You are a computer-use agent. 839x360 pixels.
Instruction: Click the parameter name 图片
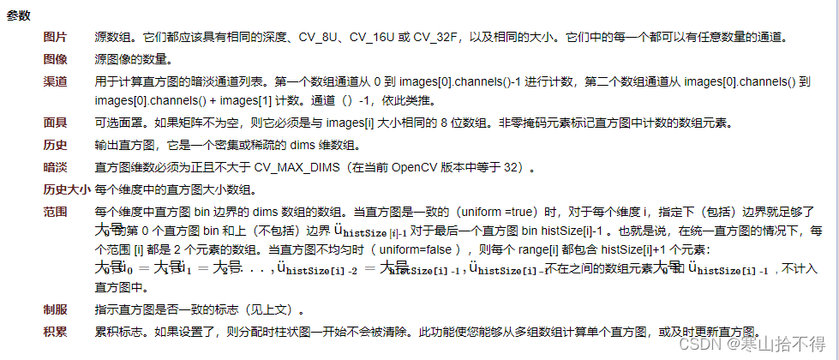(56, 39)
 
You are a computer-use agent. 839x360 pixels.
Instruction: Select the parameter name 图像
(56, 60)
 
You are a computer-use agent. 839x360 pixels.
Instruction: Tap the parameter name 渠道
(56, 81)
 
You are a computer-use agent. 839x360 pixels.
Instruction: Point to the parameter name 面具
(56, 123)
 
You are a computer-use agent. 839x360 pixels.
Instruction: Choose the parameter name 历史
(56, 143)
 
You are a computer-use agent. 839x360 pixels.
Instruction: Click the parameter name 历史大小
(67, 189)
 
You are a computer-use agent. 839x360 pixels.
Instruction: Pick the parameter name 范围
(56, 210)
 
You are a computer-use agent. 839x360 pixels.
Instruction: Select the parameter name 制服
(56, 309)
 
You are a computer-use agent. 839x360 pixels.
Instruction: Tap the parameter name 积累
(56, 331)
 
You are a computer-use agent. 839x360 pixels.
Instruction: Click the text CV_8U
(322, 39)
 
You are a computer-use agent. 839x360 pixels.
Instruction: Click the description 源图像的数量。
(134, 60)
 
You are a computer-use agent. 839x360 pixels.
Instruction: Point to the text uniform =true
(500, 210)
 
